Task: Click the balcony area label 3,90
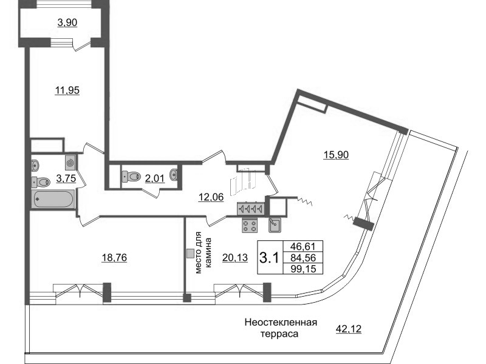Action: [x=67, y=22]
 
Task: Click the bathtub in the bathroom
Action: [x=53, y=200]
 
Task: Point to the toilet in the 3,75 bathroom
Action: [x=41, y=181]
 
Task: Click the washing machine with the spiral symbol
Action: [x=70, y=162]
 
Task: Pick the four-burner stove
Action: [x=250, y=225]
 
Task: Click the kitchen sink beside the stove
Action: [x=274, y=225]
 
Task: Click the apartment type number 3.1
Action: [x=269, y=257]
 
